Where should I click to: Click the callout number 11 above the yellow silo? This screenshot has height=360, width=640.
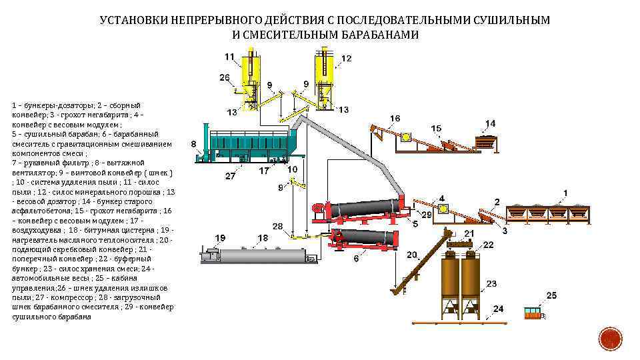click(230, 57)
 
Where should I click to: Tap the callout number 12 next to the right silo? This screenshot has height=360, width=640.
click(346, 59)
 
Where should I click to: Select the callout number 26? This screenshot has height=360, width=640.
click(225, 77)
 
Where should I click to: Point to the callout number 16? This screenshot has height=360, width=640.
click(395, 119)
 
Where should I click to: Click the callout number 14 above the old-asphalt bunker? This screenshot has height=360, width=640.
click(490, 123)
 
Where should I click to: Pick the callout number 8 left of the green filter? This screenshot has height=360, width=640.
click(193, 143)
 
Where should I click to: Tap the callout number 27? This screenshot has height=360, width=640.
click(231, 177)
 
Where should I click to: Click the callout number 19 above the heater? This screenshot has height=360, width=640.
click(220, 237)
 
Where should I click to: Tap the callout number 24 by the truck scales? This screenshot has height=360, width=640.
click(498, 309)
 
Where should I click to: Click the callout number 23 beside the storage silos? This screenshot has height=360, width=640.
click(491, 284)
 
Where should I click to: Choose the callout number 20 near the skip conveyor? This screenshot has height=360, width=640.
click(411, 254)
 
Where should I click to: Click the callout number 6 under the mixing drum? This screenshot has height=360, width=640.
click(356, 259)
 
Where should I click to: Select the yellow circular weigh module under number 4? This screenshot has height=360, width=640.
click(443, 209)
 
